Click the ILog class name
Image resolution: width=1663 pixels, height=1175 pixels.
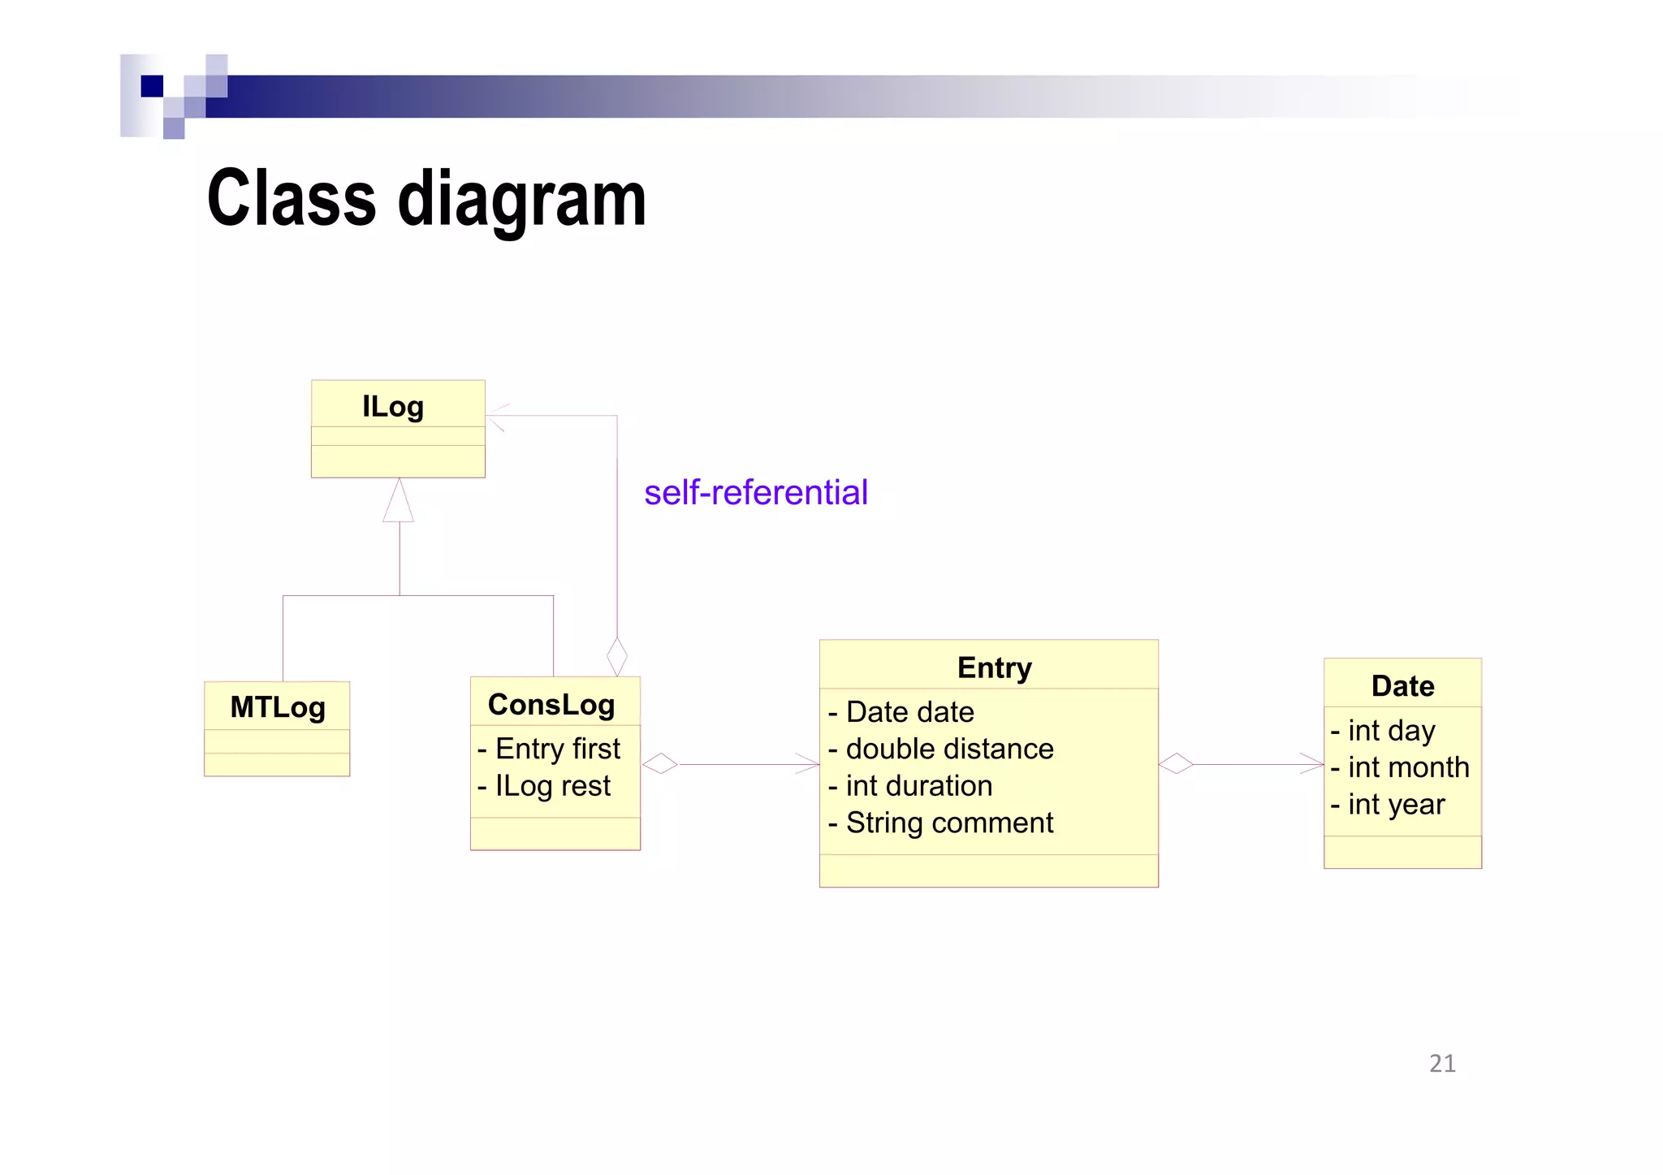click(393, 406)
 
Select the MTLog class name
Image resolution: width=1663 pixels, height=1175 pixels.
click(278, 706)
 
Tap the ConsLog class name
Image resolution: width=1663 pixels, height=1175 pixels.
click(551, 704)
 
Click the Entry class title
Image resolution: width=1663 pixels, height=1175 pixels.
click(994, 667)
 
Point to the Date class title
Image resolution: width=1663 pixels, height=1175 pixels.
click(1402, 686)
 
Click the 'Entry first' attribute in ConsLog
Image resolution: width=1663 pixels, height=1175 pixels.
click(550, 749)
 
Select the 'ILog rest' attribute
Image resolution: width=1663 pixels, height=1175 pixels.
click(545, 785)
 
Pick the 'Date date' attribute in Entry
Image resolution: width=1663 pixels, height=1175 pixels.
click(901, 712)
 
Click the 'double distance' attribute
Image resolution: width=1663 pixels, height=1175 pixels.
click(941, 749)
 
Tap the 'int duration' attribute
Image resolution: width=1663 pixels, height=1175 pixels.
click(910, 786)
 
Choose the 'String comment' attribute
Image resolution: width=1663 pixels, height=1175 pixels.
click(941, 823)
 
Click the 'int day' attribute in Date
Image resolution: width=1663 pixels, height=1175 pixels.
click(1383, 731)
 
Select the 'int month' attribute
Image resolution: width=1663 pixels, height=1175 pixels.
click(1400, 767)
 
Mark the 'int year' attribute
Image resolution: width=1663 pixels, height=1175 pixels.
click(1388, 805)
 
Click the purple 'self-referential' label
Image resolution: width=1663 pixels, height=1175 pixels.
click(755, 492)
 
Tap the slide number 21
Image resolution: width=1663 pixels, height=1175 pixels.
click(1442, 1063)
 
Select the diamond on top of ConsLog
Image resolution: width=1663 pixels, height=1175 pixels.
click(617, 656)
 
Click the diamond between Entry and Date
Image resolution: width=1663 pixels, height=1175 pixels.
click(1176, 763)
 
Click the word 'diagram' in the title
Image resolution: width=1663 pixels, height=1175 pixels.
click(522, 199)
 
